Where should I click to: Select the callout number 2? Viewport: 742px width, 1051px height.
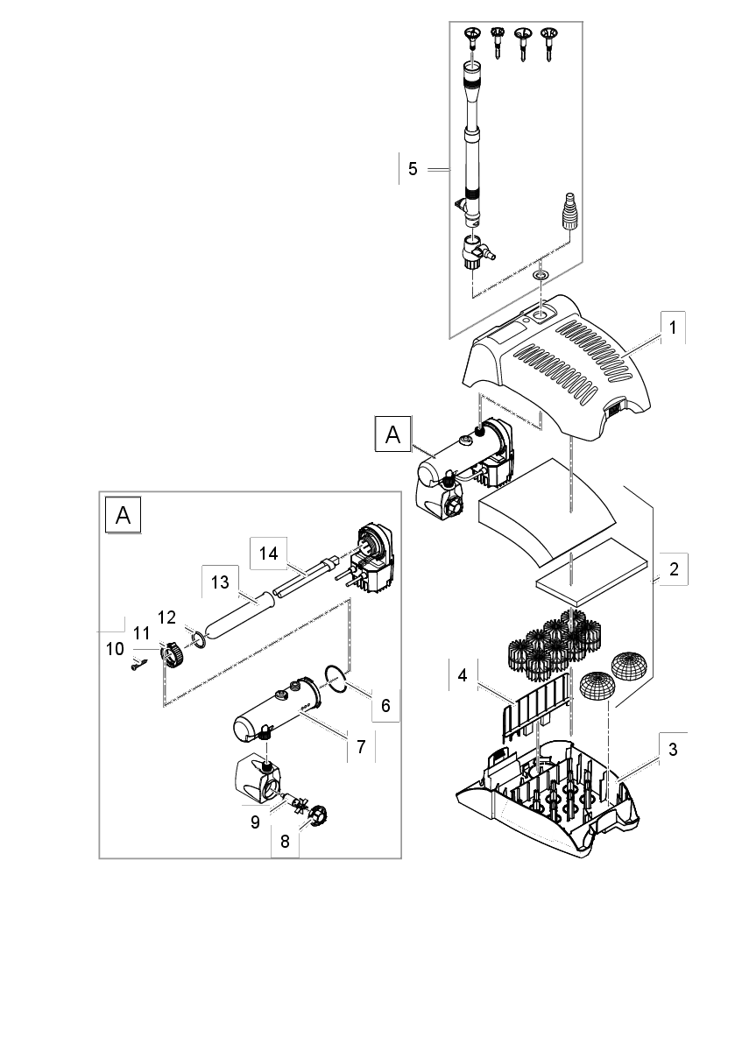[x=673, y=568]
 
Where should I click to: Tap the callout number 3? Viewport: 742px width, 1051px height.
[x=672, y=750]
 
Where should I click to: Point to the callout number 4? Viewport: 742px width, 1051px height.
[x=462, y=675]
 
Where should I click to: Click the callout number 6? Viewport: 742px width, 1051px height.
[x=385, y=703]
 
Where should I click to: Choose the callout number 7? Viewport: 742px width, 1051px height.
[x=360, y=746]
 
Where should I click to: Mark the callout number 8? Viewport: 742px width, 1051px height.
[x=284, y=842]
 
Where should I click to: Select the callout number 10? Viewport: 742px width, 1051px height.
[x=114, y=649]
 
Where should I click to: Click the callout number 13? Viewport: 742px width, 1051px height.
[x=219, y=582]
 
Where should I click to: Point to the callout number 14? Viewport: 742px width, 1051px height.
[x=268, y=553]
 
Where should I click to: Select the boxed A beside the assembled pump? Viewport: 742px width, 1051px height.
[x=393, y=434]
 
